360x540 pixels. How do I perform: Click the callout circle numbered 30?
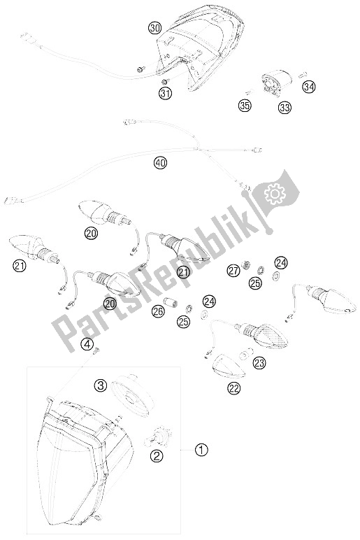click(x=154, y=28)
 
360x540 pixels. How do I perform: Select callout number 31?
click(x=164, y=94)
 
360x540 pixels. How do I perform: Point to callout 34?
click(x=308, y=87)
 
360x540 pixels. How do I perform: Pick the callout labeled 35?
click(x=243, y=107)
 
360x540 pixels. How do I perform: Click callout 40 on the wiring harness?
click(x=161, y=164)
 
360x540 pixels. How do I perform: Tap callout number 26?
click(x=158, y=312)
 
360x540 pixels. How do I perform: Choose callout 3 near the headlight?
click(x=101, y=384)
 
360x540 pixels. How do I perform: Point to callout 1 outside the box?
click(x=201, y=449)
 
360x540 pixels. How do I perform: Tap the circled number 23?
click(x=259, y=363)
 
